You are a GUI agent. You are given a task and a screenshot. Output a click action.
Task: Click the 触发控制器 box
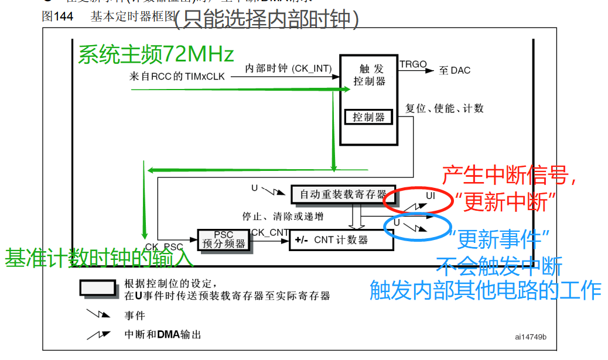pos(369,100)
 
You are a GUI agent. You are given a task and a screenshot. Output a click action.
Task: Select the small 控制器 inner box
pos(369,117)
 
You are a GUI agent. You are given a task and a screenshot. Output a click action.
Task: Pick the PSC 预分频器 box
pos(223,240)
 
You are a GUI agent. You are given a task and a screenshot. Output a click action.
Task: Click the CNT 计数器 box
pos(341,239)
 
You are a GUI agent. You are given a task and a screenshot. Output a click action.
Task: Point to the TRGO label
pos(413,64)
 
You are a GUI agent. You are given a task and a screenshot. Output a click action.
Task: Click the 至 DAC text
pos(455,71)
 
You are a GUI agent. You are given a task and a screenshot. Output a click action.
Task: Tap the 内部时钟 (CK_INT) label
pos(289,68)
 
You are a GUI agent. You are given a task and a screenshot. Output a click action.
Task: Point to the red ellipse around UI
pos(418,199)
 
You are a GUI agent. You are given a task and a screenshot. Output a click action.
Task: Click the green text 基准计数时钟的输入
pos(99,258)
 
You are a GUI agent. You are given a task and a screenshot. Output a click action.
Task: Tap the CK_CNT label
pos(270,233)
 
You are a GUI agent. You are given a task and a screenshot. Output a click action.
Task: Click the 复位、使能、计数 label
pos(445,109)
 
